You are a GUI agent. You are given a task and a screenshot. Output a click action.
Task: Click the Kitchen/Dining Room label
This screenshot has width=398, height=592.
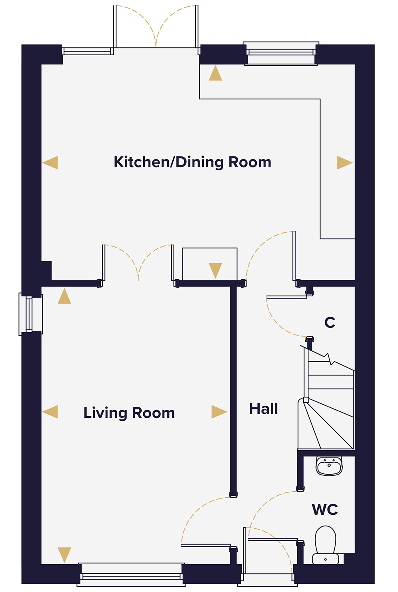click(x=192, y=162)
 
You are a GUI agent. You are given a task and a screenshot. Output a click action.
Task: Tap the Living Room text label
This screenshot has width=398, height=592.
click(x=129, y=413)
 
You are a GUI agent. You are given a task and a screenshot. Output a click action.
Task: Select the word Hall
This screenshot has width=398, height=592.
click(x=263, y=409)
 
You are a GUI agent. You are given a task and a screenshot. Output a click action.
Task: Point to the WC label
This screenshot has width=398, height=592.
click(x=325, y=510)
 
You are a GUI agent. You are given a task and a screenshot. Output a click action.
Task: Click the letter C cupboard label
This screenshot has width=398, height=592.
click(x=330, y=322)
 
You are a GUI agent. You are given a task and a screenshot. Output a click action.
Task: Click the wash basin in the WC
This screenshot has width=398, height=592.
click(x=329, y=466)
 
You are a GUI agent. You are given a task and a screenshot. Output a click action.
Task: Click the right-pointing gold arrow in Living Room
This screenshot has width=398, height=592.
click(x=219, y=412)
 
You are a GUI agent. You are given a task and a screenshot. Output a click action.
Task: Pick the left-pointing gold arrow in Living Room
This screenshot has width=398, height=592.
click(x=51, y=412)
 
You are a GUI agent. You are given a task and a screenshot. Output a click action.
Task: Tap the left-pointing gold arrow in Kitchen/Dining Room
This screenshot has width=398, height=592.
click(x=51, y=163)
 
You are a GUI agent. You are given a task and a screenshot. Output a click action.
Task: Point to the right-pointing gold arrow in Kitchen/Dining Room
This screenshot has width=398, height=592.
click(x=344, y=163)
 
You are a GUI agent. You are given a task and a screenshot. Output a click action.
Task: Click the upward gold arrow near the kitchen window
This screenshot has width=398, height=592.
click(x=215, y=74)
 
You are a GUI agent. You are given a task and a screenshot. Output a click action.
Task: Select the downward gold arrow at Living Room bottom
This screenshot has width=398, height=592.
click(x=64, y=555)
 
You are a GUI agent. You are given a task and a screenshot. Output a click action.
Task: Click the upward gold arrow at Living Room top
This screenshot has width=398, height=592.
click(x=64, y=297)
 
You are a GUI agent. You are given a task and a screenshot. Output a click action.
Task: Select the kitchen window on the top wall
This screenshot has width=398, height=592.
click(x=281, y=53)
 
